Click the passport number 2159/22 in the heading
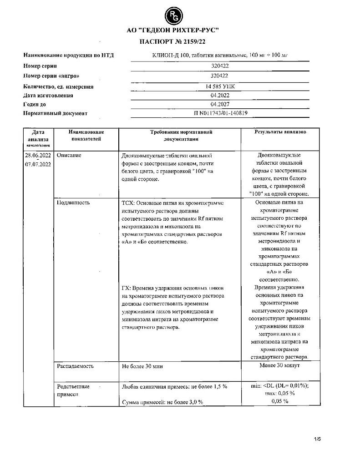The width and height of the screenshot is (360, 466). pos(188,42)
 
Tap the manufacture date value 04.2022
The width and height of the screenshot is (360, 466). pos(220,96)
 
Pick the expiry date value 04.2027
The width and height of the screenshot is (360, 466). pos(220,104)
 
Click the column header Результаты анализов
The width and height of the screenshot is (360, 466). pos(280,132)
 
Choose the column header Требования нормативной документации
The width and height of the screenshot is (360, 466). pos(182,135)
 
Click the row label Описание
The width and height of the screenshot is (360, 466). pos(69,155)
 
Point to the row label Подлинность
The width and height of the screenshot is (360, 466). pos(73,203)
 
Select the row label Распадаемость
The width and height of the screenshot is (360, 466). pos(75,366)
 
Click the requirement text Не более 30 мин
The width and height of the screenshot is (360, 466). pos(142,366)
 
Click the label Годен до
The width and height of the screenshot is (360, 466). pos(37,104)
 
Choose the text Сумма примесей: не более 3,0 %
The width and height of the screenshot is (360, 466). pos(162,402)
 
